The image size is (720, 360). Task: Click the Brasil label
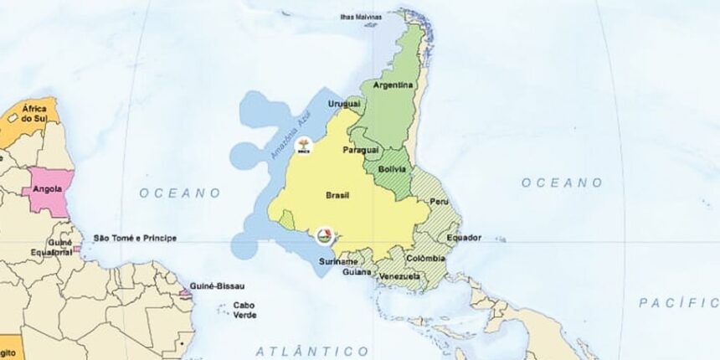pyautogui.click(x=337, y=195)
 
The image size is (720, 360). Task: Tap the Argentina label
pyautogui.click(x=393, y=85)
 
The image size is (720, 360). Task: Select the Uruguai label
pyautogui.click(x=344, y=104)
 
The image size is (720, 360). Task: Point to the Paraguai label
pyautogui.click(x=362, y=150)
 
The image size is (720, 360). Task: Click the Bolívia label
pyautogui.click(x=393, y=169)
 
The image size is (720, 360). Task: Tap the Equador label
pyautogui.click(x=463, y=238)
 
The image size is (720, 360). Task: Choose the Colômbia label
pyautogui.click(x=427, y=259)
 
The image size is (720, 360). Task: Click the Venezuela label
pyautogui.click(x=399, y=276)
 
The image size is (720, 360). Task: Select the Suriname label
pyautogui.click(x=337, y=261)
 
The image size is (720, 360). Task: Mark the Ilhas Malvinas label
pyautogui.click(x=360, y=16)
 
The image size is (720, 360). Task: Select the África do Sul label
pyautogui.click(x=34, y=114)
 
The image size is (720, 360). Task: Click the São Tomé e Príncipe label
pyautogui.click(x=135, y=239)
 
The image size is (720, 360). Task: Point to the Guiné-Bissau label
pyautogui.click(x=218, y=286)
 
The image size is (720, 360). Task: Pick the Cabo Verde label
pyautogui.click(x=244, y=310)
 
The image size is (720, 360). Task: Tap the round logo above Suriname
pyautogui.click(x=325, y=236)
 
